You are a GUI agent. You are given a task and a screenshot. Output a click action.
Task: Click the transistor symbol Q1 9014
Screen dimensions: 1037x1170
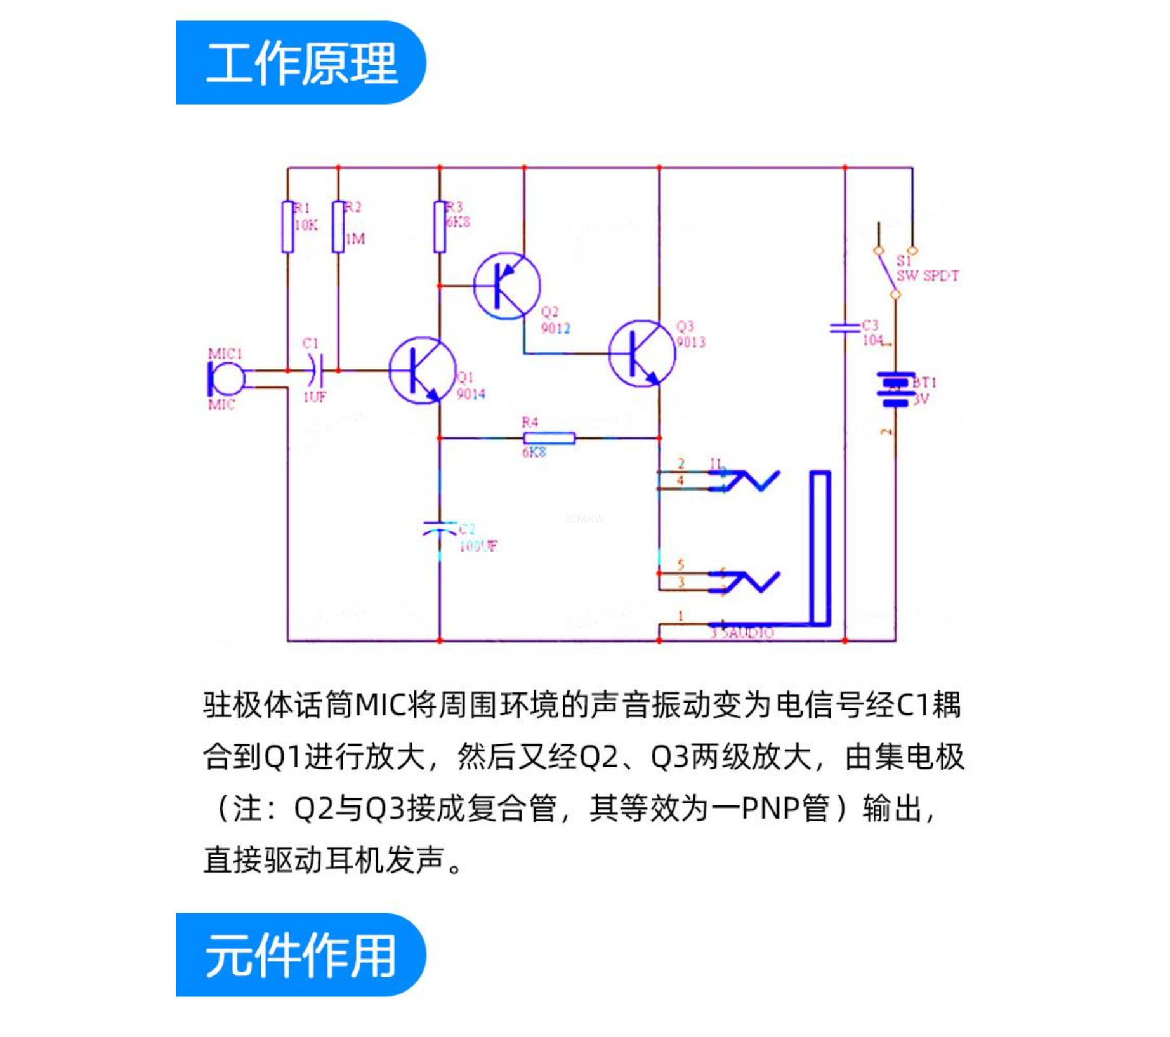[x=422, y=370]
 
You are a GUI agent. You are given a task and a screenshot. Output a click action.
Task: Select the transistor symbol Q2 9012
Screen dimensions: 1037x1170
[x=507, y=286]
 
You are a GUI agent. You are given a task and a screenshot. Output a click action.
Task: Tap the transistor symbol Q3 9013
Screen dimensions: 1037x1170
[x=641, y=353]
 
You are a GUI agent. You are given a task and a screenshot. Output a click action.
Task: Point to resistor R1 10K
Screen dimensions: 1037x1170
[x=287, y=227]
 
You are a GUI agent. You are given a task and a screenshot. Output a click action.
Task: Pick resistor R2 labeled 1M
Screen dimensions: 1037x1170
[x=338, y=227]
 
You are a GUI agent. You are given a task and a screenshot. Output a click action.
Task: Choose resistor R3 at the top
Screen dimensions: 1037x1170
[x=439, y=227]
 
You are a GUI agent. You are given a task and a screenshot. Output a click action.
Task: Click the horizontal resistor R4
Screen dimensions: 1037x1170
[x=549, y=438]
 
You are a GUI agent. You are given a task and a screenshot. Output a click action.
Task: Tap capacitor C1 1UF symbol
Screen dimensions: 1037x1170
[x=315, y=371]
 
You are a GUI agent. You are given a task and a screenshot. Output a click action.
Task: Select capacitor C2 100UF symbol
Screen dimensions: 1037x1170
[x=439, y=528]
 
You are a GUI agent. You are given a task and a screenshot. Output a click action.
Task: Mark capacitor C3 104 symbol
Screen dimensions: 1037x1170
[x=845, y=328]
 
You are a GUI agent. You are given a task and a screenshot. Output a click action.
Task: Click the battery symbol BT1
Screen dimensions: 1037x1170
[x=895, y=388]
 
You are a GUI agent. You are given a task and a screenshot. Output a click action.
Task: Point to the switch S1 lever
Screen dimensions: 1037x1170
[x=887, y=272]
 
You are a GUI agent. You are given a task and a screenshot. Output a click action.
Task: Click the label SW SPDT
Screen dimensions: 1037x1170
[x=927, y=276]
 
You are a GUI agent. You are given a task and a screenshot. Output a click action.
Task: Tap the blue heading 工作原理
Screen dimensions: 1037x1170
[x=301, y=63]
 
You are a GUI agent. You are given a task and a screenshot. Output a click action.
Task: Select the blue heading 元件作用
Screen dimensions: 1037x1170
[x=301, y=954]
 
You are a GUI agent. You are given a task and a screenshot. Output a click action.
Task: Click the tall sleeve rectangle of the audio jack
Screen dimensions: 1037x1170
[x=820, y=548]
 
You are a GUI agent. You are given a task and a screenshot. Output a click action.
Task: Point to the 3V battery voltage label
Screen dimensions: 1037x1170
[x=921, y=399]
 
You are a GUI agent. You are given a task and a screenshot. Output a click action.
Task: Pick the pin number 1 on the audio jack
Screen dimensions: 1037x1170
[x=681, y=616]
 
